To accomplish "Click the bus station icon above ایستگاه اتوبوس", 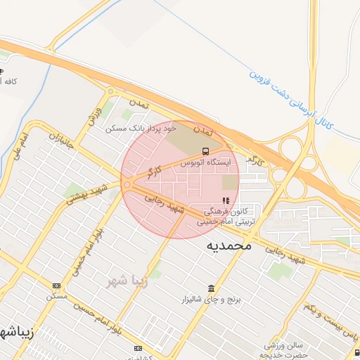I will (205, 151).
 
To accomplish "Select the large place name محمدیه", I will (229, 247).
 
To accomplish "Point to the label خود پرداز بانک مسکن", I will (140, 128).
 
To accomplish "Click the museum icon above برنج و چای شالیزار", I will (212, 288).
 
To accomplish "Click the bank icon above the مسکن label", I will (57, 285).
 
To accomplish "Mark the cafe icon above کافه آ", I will (1, 72).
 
